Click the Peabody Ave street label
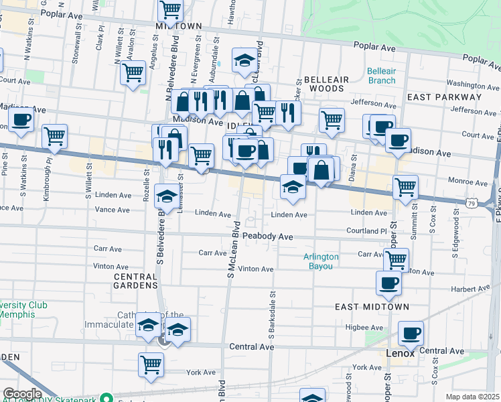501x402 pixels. tap(268, 237)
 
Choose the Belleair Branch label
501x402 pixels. tap(382, 76)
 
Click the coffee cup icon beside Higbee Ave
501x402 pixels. tap(411, 332)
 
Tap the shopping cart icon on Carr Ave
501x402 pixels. tap(397, 259)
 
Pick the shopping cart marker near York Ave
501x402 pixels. tap(151, 364)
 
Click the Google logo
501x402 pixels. tap(22, 394)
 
